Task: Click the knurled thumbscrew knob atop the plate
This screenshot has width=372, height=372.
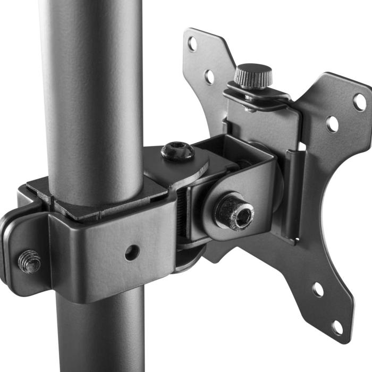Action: [253, 75]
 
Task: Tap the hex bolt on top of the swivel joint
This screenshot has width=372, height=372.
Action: [177, 151]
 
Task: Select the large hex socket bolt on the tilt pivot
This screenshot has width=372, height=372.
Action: [234, 211]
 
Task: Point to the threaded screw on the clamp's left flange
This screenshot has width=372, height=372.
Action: [30, 261]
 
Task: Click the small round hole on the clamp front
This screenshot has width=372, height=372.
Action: [132, 252]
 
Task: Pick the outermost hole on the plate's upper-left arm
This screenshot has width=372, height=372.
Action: [192, 44]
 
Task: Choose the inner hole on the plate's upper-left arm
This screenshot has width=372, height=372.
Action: [210, 77]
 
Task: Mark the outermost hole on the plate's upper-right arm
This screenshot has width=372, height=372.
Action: [360, 102]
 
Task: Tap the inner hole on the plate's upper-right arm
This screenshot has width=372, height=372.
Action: [332, 124]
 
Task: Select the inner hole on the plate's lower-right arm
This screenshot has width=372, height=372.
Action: [318, 290]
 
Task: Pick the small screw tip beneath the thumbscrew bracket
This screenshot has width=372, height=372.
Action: [248, 109]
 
